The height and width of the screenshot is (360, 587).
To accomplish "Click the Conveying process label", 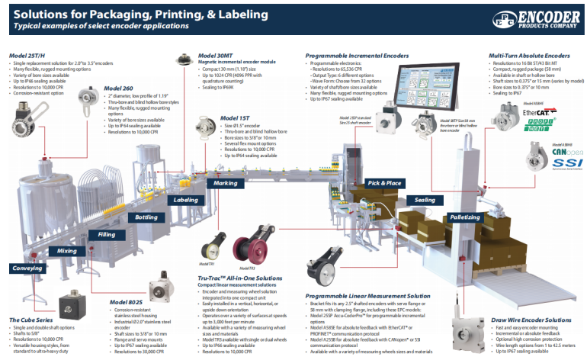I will [27, 268].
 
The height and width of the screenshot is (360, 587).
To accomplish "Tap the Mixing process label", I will [66, 251].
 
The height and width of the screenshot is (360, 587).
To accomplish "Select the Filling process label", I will [107, 234].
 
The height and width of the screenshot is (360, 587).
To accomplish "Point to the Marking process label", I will [225, 184].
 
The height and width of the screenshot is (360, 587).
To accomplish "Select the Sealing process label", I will [425, 201].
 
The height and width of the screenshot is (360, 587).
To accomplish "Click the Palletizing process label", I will [465, 217].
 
